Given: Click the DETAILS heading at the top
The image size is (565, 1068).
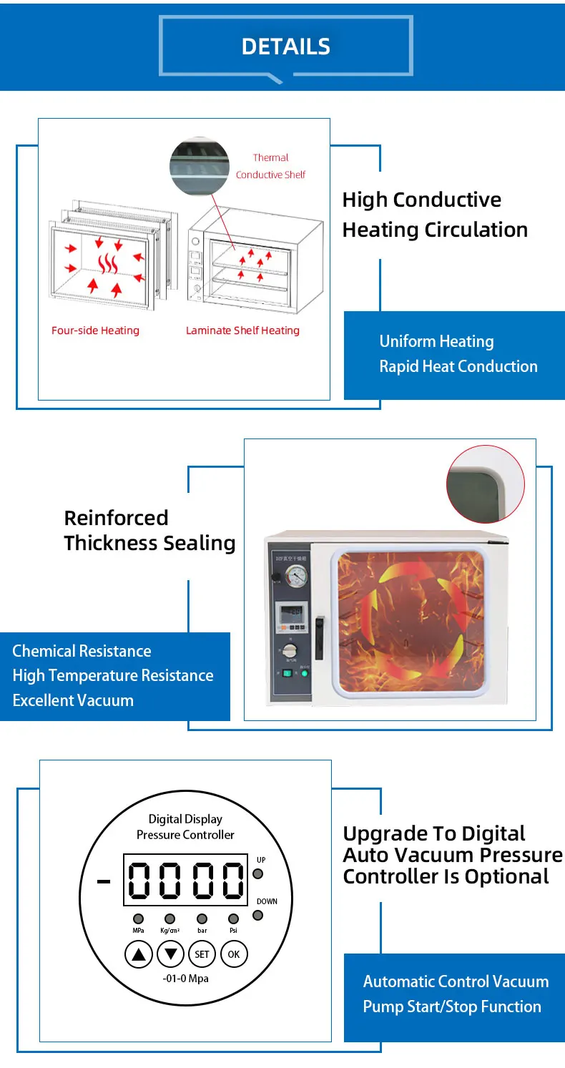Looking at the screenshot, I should [x=286, y=46].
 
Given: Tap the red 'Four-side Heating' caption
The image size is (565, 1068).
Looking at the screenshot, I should [x=95, y=330].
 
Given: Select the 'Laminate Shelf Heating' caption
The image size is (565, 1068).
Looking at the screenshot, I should [x=242, y=330].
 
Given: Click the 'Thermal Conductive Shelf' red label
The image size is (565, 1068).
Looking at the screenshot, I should [x=270, y=166].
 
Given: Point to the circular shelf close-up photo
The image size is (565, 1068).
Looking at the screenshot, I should [x=200, y=167].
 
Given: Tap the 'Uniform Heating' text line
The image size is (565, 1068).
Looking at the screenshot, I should [x=436, y=341].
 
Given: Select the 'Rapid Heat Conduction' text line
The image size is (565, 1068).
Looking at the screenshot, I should [x=458, y=366].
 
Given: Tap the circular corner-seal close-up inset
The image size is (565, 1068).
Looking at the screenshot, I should [x=486, y=484].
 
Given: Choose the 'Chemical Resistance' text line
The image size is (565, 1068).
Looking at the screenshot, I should [x=82, y=651].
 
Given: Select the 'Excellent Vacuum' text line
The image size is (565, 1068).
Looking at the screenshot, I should [x=73, y=700].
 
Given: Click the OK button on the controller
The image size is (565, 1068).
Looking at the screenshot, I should [x=234, y=954].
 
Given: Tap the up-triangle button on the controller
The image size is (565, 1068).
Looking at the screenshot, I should [x=139, y=954].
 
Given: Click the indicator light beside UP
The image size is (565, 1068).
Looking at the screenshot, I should [x=258, y=873].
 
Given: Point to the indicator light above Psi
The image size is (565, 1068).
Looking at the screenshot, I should [x=233, y=918].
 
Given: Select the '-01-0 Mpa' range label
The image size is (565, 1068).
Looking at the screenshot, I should [x=185, y=978].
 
